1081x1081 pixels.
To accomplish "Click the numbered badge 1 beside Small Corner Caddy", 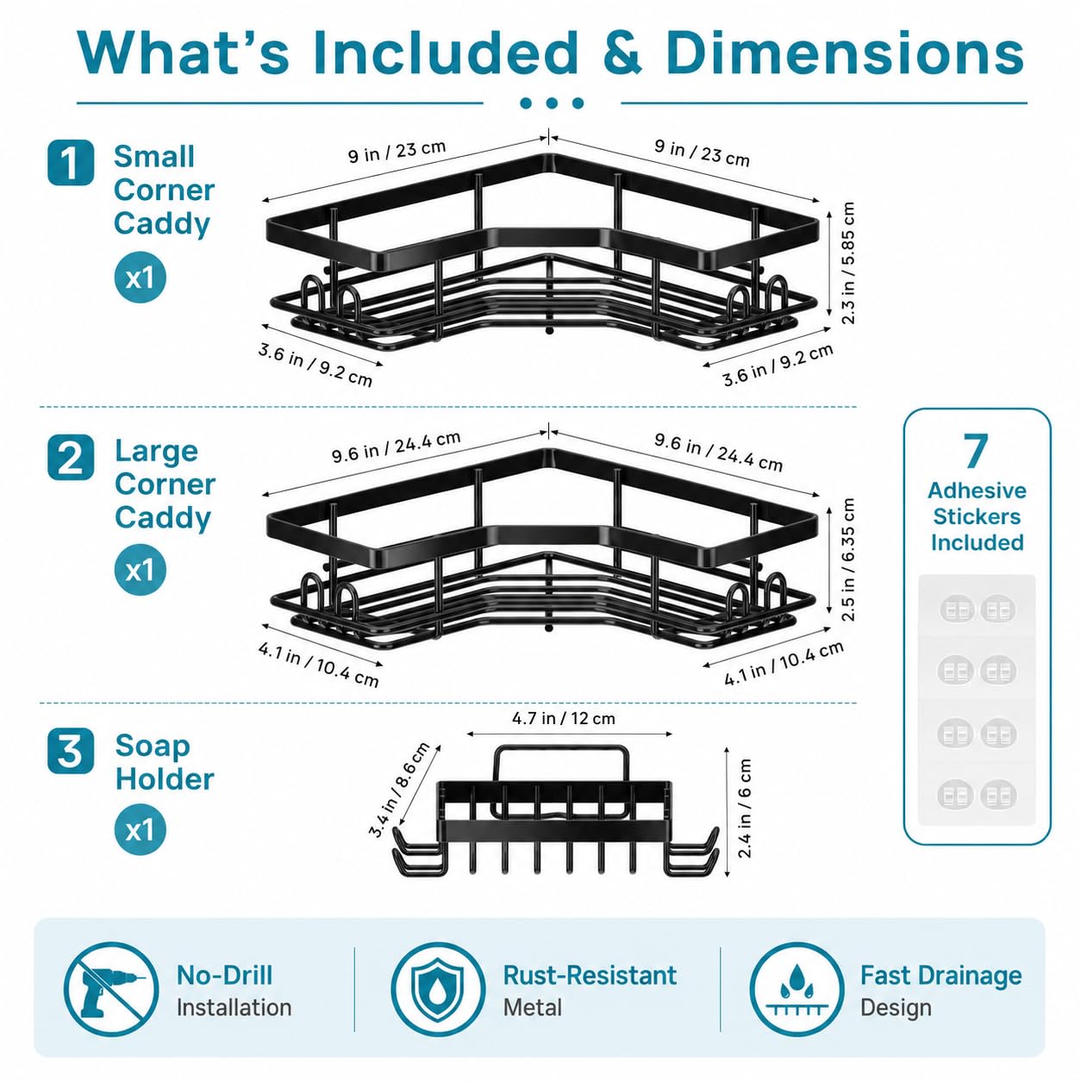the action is point(71,163).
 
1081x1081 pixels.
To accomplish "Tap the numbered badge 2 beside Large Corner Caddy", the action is point(71,457).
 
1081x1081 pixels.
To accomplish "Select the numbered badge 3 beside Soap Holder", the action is point(71,751).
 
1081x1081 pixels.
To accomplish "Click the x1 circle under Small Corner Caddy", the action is point(141,277).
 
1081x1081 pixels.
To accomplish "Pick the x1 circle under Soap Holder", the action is point(141,829).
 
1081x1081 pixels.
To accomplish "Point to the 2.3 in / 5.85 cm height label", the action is point(848,263).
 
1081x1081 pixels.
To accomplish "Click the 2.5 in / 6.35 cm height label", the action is point(848,559).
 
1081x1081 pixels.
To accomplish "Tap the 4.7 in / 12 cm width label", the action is point(563,719).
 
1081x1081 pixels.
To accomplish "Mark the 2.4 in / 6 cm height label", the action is point(745,809).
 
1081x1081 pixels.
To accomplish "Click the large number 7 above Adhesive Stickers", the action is point(976,451).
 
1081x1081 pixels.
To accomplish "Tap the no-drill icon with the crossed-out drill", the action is point(111,990).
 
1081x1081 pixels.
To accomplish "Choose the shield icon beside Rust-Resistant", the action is point(438,990).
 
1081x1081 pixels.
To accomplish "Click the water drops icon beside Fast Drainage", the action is point(797,990).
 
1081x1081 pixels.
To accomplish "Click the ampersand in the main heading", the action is point(622,53).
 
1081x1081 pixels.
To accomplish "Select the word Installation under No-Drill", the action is point(234,1008).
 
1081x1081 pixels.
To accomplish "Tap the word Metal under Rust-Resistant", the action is point(533,1008).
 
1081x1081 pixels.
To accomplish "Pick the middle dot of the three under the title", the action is point(552,103).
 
